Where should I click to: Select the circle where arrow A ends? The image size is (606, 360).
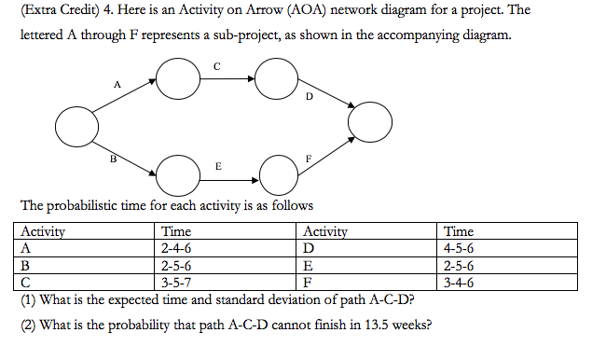pyautogui.click(x=176, y=78)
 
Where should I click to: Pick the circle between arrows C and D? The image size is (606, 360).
pyautogui.click(x=276, y=79)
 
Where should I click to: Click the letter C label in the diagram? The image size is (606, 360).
pyautogui.click(x=216, y=65)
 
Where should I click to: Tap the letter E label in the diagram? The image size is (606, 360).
pyautogui.click(x=218, y=165)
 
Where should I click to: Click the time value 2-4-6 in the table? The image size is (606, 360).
pyautogui.click(x=176, y=248)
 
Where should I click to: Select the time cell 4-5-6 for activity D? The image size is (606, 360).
pyautogui.click(x=459, y=248)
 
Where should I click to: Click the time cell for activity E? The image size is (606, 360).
pyautogui.click(x=459, y=265)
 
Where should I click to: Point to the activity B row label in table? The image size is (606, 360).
pyautogui.click(x=25, y=265)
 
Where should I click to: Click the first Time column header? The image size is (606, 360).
pyautogui.click(x=176, y=231)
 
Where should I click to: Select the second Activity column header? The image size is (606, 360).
pyautogui.click(x=325, y=231)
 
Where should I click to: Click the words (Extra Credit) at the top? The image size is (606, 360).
pyautogui.click(x=46, y=10)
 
